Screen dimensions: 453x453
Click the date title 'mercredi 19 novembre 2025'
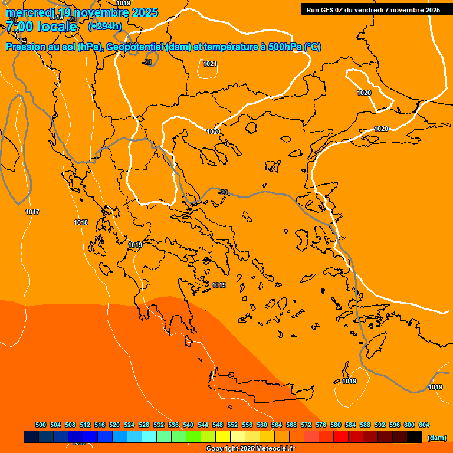[82, 13]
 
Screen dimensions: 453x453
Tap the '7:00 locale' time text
[42, 27]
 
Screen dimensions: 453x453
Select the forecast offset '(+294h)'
[105, 26]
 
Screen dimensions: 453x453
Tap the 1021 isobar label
[209, 64]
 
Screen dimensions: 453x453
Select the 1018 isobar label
[81, 222]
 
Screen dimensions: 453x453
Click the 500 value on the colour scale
[41, 425]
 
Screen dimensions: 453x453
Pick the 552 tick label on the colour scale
[232, 425]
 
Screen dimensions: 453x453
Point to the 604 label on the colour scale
[424, 425]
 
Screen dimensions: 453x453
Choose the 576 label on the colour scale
[321, 425]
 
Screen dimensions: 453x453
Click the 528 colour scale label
[144, 425]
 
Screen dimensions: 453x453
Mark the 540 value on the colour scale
[188, 425]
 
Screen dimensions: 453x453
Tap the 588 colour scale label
[365, 425]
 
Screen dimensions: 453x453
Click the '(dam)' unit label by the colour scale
[436, 438]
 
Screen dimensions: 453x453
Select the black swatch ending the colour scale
[415, 437]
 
